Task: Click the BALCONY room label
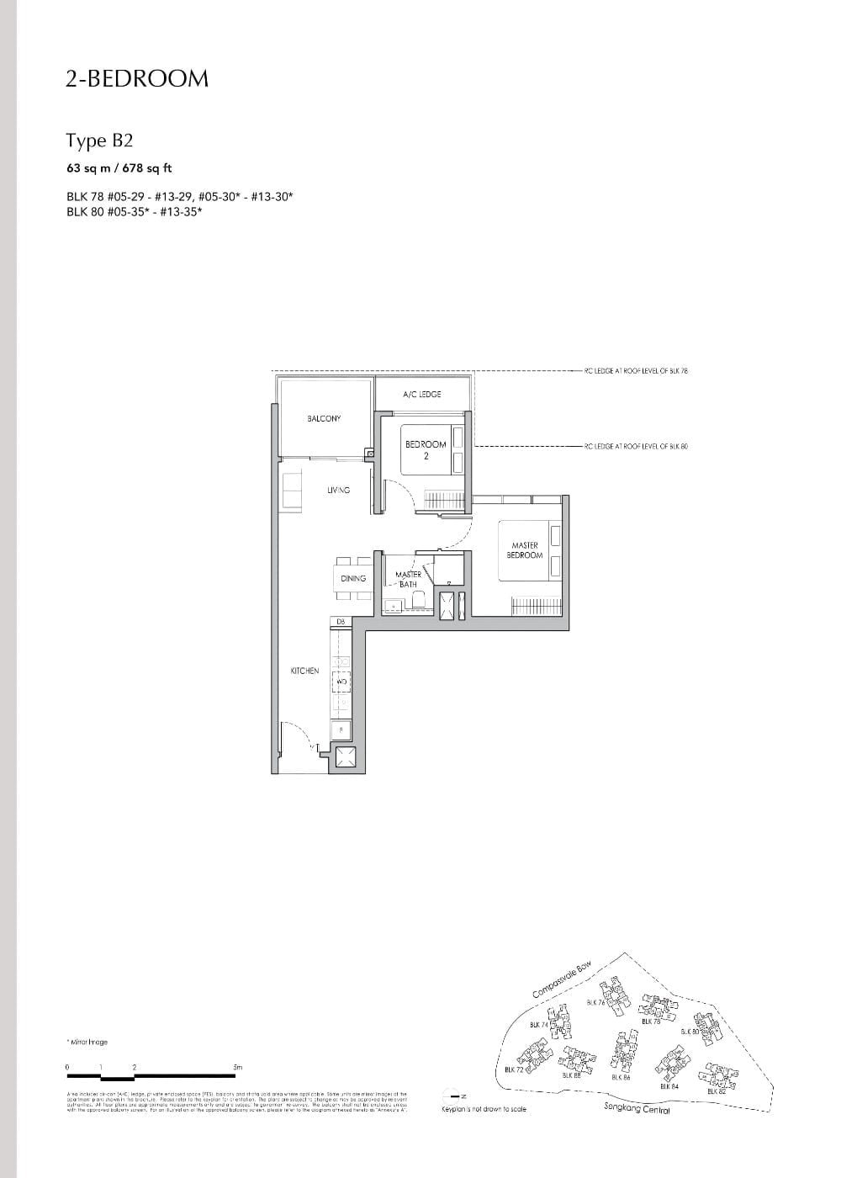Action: (x=324, y=418)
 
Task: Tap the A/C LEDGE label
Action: (x=422, y=394)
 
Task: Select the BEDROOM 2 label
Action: (x=426, y=449)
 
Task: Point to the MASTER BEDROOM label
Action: (x=525, y=550)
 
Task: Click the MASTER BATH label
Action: (x=408, y=579)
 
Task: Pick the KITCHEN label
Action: (x=304, y=671)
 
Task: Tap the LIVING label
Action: (x=338, y=490)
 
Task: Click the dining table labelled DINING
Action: (x=353, y=578)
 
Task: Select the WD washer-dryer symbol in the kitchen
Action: (x=341, y=682)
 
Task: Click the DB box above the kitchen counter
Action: (x=341, y=622)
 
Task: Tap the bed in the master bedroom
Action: (x=530, y=551)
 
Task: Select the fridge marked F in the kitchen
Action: (x=341, y=730)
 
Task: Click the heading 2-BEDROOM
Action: (x=137, y=79)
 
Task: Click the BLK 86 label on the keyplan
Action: (x=621, y=1077)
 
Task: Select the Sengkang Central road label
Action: (x=637, y=1109)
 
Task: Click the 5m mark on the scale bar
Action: (x=238, y=1067)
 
